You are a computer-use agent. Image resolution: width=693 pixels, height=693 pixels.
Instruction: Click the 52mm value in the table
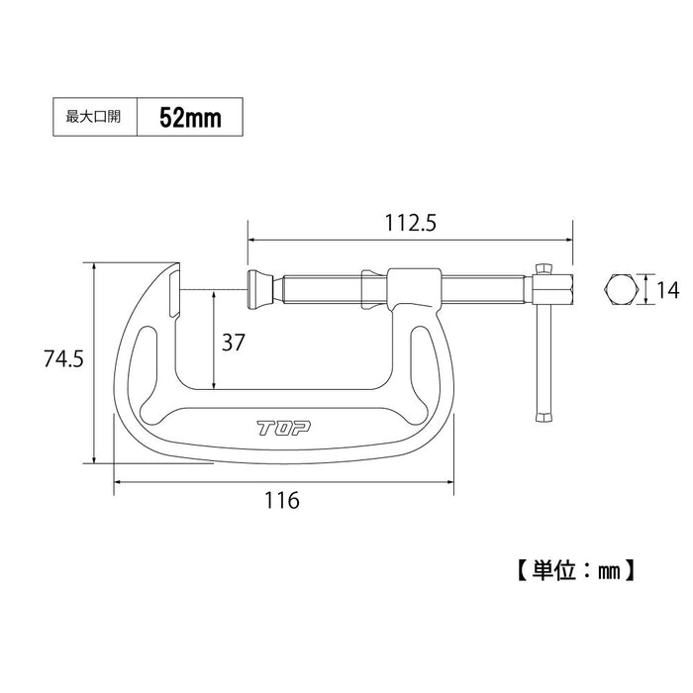click(x=188, y=117)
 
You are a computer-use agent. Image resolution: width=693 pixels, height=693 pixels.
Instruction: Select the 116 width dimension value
click(x=282, y=501)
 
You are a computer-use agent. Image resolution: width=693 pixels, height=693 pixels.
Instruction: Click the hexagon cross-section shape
click(x=621, y=291)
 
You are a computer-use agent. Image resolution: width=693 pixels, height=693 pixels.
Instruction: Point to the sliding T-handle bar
click(x=543, y=346)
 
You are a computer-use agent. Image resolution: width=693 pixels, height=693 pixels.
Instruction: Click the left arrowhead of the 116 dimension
click(x=119, y=482)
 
